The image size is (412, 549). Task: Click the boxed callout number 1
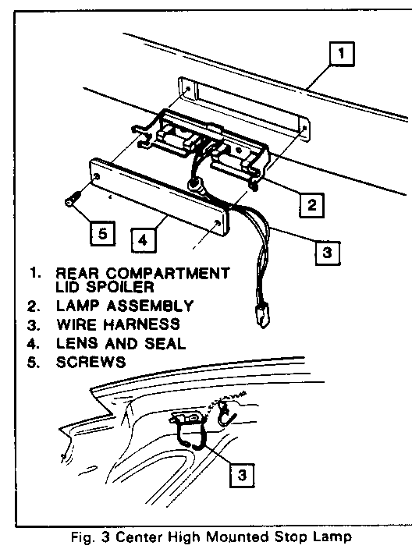(342, 54)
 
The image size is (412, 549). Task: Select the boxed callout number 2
(311, 205)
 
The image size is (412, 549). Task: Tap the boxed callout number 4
(144, 240)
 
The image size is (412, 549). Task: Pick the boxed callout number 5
(102, 233)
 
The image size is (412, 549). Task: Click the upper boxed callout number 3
(327, 253)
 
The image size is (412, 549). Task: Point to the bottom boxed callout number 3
(242, 475)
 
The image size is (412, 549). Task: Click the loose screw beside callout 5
(73, 199)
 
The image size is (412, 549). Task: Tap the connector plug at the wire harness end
(263, 315)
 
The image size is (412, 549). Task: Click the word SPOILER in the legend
(120, 287)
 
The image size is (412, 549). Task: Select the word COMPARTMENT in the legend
(168, 274)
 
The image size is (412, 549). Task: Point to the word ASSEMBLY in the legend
(150, 306)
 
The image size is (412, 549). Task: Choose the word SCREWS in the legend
(91, 362)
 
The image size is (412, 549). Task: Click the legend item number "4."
(34, 343)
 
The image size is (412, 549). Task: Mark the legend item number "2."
(34, 306)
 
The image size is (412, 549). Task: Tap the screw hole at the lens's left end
(97, 175)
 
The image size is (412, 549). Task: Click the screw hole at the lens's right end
(218, 223)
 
